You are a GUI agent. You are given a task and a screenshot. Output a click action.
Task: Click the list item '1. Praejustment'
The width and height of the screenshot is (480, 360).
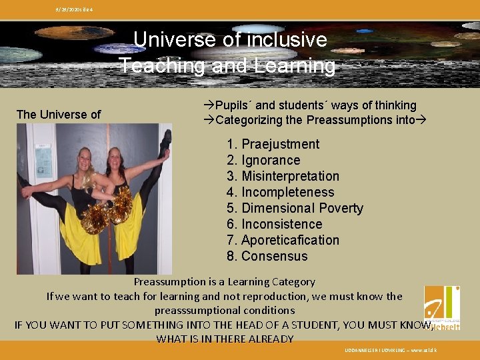click(x=273, y=144)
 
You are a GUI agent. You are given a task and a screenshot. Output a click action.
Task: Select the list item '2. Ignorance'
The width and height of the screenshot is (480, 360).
click(x=263, y=160)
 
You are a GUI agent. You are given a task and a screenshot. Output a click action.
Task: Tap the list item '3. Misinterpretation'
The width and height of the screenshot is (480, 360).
click(x=283, y=176)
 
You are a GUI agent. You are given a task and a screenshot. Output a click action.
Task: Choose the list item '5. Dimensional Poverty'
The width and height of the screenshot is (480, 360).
click(x=295, y=208)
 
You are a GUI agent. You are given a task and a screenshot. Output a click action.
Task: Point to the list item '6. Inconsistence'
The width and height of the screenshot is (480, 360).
click(x=274, y=224)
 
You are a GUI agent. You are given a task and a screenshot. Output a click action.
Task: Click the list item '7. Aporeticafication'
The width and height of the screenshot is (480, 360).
click(x=283, y=240)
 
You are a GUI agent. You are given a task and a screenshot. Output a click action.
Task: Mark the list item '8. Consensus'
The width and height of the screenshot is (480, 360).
click(x=267, y=256)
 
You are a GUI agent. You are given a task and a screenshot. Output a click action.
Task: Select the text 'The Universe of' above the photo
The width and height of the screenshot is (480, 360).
click(x=59, y=115)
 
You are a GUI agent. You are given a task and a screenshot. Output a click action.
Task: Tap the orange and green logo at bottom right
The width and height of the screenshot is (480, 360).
click(x=442, y=307)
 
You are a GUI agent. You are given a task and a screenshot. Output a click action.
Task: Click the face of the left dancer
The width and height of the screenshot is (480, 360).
click(x=86, y=161)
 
